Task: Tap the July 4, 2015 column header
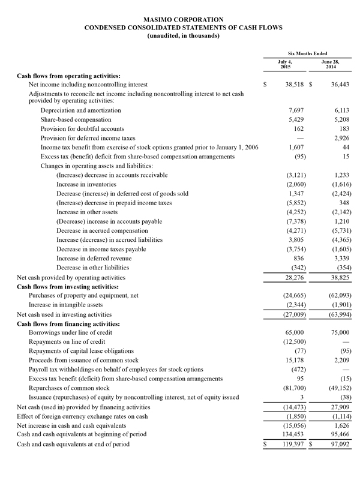[285, 64]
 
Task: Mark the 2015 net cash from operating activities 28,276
[295, 278]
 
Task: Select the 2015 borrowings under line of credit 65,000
[295, 332]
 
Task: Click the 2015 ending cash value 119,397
[293, 444]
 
